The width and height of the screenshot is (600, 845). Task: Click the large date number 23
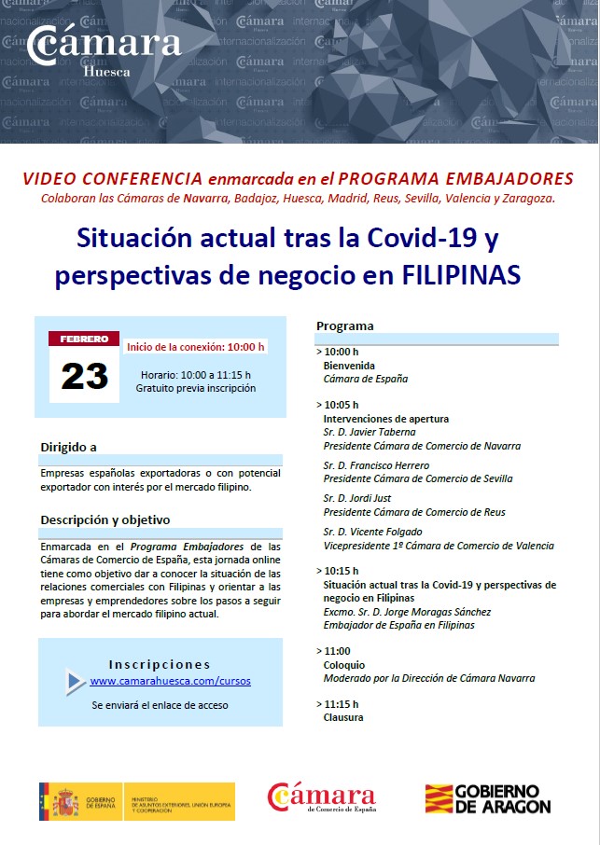tap(84, 375)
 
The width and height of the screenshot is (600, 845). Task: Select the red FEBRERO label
tap(84, 339)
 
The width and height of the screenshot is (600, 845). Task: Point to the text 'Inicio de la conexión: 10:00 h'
tap(196, 347)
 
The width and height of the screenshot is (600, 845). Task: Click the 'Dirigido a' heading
tap(68, 447)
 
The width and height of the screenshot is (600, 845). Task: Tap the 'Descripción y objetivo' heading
tap(105, 519)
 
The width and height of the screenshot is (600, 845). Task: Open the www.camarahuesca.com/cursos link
tap(170, 681)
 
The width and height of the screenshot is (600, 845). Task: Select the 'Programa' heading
tap(344, 326)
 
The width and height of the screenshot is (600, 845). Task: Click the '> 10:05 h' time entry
tap(337, 406)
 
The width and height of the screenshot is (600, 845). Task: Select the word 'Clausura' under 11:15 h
tap(343, 717)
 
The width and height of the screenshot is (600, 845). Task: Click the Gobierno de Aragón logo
tap(487, 799)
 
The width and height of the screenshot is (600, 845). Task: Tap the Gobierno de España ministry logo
tap(136, 801)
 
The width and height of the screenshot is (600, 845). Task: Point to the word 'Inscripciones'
tap(160, 664)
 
